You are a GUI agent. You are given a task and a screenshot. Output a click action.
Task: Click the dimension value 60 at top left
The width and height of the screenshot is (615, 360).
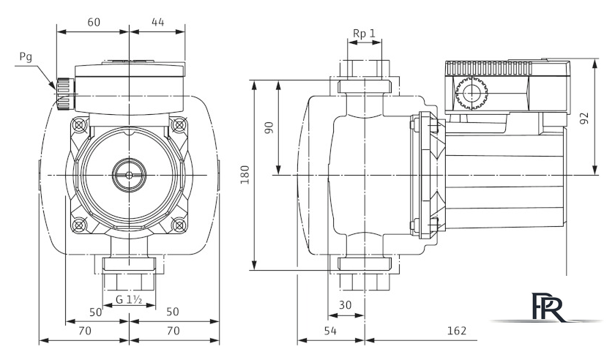click(94, 22)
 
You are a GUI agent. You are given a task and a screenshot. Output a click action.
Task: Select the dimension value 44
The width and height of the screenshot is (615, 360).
click(157, 22)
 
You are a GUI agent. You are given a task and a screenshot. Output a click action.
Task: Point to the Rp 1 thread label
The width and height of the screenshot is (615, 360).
click(364, 34)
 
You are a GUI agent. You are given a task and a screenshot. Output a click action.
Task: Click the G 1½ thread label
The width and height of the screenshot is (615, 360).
click(129, 299)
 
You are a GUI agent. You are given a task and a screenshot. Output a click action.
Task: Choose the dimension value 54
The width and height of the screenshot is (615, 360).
click(330, 331)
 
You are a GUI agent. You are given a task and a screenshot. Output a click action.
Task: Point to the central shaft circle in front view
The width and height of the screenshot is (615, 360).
click(128, 176)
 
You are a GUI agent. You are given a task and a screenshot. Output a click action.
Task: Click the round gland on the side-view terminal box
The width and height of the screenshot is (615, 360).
click(468, 94)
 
